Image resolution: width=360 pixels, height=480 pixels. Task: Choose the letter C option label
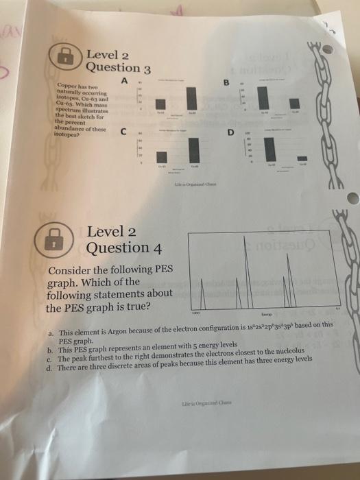[123, 132]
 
